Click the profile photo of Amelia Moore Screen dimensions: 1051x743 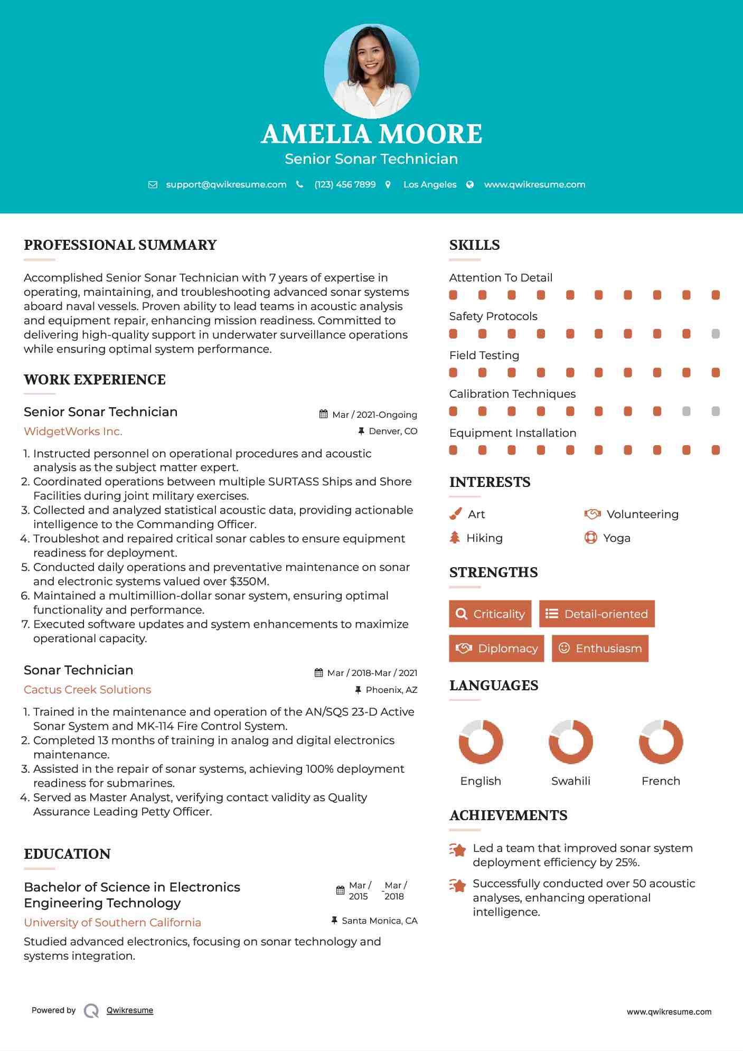(371, 71)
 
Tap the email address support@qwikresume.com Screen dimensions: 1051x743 (226, 184)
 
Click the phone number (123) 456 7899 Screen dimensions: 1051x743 (345, 184)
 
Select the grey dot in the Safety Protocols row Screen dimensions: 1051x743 (716, 334)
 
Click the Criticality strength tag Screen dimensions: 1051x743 (490, 614)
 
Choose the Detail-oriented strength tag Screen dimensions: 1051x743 (597, 614)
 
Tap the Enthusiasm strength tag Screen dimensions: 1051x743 (600, 648)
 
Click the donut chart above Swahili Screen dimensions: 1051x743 (570, 742)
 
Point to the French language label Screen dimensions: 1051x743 (661, 781)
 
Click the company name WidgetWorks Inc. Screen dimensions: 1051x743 (73, 431)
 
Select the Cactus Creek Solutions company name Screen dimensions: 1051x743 (87, 690)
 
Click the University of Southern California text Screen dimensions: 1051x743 (112, 923)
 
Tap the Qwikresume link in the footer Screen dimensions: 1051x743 (129, 1010)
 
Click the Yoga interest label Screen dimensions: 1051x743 (616, 538)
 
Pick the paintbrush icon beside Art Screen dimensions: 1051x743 (455, 514)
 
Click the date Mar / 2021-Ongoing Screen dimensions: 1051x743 (374, 415)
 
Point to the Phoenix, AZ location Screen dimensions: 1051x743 (391, 690)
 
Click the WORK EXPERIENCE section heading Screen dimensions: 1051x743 (95, 380)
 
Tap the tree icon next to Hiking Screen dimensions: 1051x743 (455, 538)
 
